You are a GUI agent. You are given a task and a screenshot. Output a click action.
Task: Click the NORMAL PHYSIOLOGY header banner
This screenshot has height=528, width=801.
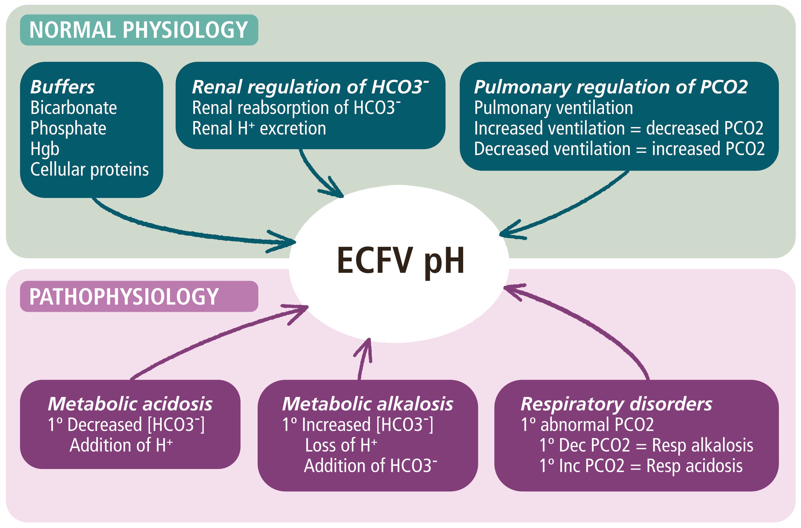coord(139,30)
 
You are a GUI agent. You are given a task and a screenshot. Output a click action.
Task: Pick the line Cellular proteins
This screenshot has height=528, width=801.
coord(89,170)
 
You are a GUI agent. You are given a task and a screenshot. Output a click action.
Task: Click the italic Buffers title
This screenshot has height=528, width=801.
coord(63,87)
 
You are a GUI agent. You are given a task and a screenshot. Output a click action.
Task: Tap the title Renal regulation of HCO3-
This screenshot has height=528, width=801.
coord(310,87)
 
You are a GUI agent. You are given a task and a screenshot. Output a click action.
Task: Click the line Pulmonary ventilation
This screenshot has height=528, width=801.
coord(553,108)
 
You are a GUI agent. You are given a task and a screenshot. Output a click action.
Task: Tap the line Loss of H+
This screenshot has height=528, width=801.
coord(341,445)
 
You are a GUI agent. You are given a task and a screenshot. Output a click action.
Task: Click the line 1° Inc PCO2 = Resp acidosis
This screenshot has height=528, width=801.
coord(641,466)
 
